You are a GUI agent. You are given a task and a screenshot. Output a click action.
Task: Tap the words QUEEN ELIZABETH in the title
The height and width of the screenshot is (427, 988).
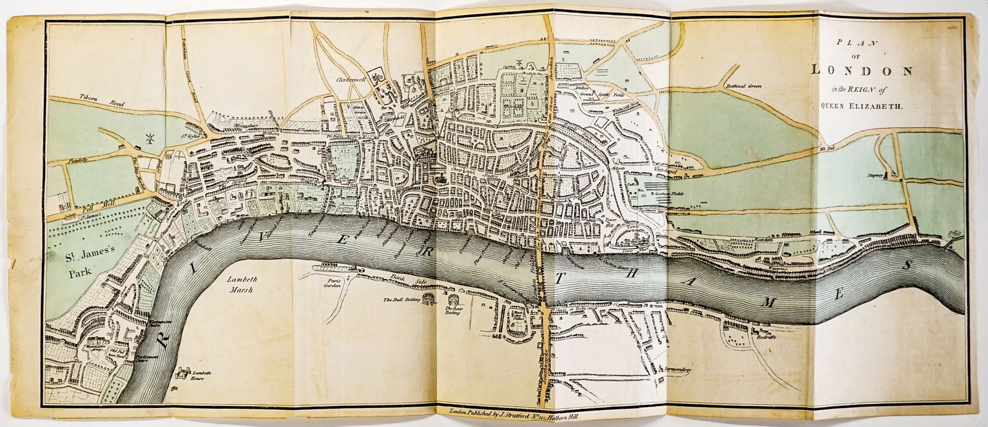862,106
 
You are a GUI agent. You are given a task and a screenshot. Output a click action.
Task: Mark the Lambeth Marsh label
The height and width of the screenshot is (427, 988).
242,285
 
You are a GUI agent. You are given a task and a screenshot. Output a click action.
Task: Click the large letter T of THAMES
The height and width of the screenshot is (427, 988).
559,280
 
